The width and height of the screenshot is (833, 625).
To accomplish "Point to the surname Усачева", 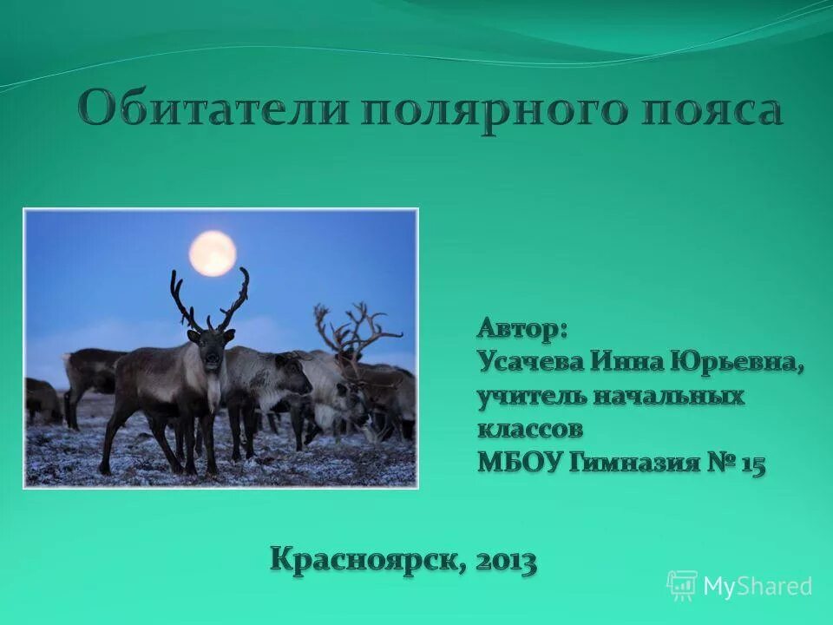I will [x=530, y=362].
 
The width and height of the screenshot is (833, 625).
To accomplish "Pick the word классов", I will [x=529, y=429].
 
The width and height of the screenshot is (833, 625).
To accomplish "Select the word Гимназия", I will [x=634, y=463].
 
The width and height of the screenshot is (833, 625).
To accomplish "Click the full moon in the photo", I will [x=213, y=253].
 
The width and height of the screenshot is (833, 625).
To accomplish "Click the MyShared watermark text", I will [x=757, y=586].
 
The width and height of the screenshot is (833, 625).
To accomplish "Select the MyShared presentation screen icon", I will [x=682, y=586].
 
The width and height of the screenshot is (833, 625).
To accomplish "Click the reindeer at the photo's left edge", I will [x=42, y=399].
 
